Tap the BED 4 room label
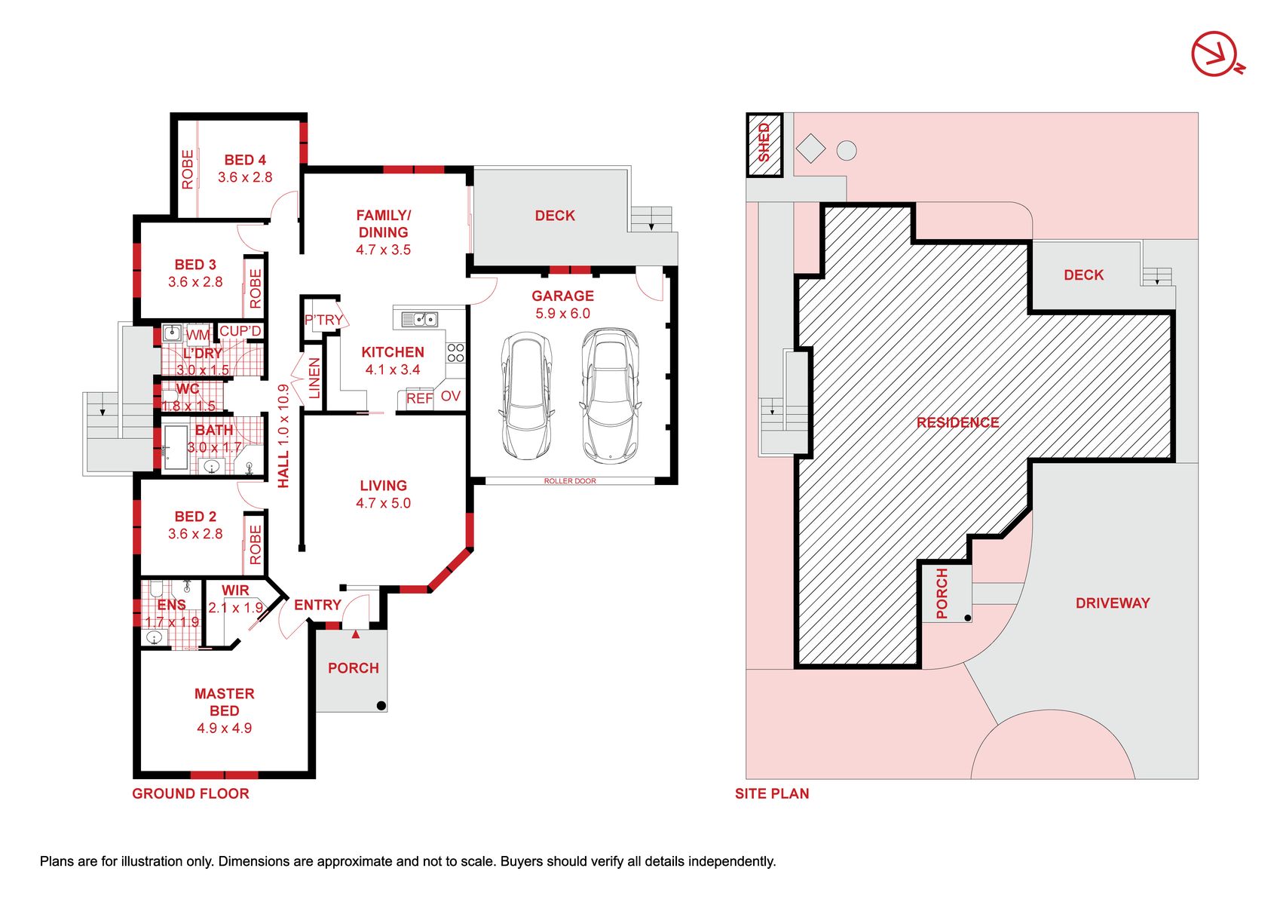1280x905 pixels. [x=244, y=160]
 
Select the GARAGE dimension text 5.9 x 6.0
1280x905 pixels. [x=562, y=313]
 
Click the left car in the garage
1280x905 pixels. [x=526, y=396]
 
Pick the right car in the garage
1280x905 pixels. [x=610, y=395]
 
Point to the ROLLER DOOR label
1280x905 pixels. [x=570, y=481]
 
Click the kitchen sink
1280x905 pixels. [x=419, y=319]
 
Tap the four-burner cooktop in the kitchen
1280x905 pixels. [x=455, y=353]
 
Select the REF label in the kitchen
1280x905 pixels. [x=419, y=398]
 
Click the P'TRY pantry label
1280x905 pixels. [x=324, y=320]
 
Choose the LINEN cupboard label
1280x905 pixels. [x=314, y=378]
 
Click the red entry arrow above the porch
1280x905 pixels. [x=355, y=633]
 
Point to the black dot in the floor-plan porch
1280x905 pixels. [x=381, y=705]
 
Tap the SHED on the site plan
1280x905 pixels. [x=764, y=145]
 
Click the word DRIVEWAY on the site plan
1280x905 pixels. [x=1112, y=603]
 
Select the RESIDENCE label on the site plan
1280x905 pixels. [x=957, y=422]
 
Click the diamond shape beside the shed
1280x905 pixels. [x=810, y=148]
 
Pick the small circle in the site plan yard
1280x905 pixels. [x=847, y=150]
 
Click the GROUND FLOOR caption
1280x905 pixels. [x=190, y=793]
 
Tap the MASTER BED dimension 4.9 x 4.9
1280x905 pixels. [x=224, y=729]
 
